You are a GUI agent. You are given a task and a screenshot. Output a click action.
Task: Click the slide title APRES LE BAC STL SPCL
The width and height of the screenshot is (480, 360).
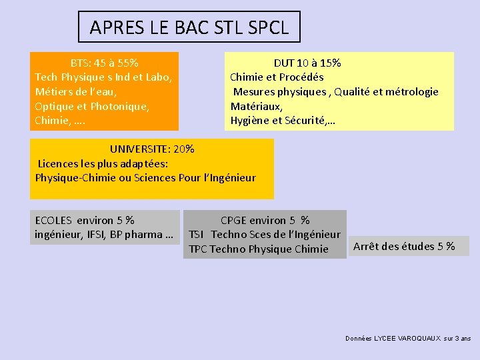(x=189, y=27)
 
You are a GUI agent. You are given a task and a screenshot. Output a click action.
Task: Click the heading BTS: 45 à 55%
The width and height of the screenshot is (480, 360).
(x=105, y=63)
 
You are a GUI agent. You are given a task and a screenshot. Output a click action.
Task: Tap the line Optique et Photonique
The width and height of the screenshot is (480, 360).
(x=91, y=106)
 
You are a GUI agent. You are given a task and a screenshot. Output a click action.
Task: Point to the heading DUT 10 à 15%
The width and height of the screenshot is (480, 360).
(x=307, y=63)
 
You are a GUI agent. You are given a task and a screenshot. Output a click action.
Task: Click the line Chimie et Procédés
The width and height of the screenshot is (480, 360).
(x=277, y=77)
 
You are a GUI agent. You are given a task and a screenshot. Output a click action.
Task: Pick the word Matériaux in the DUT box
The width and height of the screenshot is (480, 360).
(x=257, y=106)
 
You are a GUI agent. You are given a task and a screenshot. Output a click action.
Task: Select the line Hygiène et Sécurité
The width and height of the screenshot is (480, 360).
(x=283, y=121)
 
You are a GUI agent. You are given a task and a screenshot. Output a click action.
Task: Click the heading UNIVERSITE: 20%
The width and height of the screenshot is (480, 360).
(x=152, y=149)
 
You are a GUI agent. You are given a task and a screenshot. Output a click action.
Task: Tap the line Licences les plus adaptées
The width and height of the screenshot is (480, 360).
(x=103, y=163)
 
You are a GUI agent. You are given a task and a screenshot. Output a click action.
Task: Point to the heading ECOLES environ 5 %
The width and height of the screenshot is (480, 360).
(x=84, y=220)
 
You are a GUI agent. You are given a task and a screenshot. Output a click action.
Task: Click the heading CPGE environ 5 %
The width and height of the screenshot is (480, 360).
(x=265, y=220)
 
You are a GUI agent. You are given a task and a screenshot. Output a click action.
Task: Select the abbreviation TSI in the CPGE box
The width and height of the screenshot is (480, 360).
(x=197, y=235)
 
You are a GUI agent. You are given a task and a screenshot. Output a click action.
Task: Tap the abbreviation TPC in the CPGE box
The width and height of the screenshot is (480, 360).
(x=198, y=249)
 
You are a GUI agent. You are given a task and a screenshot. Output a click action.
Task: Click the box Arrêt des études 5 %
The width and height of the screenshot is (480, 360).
(x=404, y=247)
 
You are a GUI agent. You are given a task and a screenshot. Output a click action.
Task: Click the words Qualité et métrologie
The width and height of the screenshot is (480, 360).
(x=386, y=92)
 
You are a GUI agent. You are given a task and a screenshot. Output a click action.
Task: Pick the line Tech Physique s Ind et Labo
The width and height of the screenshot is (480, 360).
(x=103, y=77)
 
